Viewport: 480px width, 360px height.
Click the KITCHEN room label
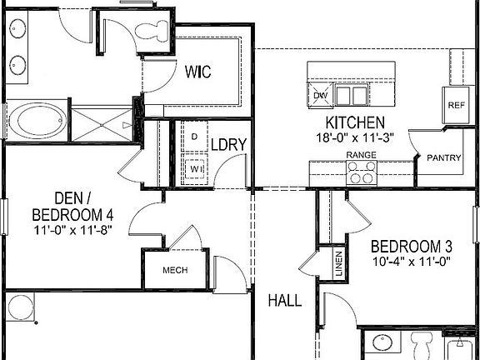[349, 122]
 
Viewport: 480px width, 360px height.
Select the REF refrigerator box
[456, 105]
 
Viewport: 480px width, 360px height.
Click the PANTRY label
[443, 157]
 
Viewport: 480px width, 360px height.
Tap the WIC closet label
[197, 72]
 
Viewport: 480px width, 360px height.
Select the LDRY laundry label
[227, 145]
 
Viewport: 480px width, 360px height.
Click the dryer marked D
[194, 136]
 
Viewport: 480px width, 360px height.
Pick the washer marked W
[195, 167]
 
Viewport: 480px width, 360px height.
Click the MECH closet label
[174, 270]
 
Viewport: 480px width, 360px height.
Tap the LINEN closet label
[338, 265]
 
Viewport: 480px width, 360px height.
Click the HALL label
[284, 301]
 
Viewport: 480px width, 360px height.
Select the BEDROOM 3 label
[411, 247]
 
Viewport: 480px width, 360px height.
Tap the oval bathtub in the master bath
[33, 121]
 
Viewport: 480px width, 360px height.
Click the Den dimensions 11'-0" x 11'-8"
[73, 229]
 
